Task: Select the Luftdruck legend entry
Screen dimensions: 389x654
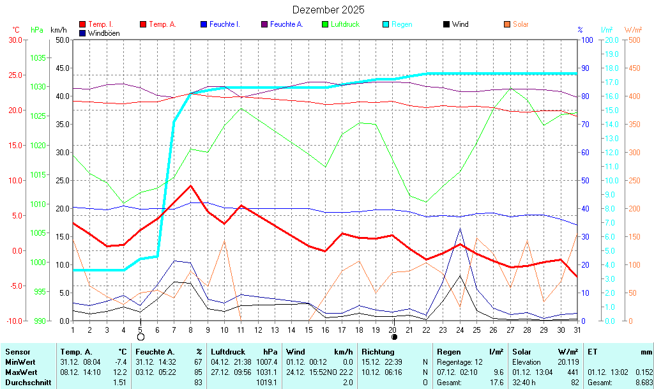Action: point(345,24)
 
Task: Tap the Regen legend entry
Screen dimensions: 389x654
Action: point(402,24)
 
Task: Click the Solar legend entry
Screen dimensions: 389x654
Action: point(521,24)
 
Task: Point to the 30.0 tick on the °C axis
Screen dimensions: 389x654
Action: point(14,40)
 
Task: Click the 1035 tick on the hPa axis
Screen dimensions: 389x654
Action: point(38,57)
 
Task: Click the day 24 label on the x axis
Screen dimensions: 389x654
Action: point(460,330)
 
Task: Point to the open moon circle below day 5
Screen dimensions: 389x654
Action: point(141,337)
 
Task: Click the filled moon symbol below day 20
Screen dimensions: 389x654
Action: point(393,337)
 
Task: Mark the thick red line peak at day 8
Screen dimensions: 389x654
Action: point(190,186)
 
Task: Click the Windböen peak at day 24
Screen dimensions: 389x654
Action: point(460,229)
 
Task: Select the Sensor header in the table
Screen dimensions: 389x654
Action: point(17,352)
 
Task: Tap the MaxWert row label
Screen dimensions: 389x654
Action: point(20,372)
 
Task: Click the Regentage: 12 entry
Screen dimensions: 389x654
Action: point(459,362)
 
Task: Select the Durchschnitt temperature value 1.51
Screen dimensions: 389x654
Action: point(119,382)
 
